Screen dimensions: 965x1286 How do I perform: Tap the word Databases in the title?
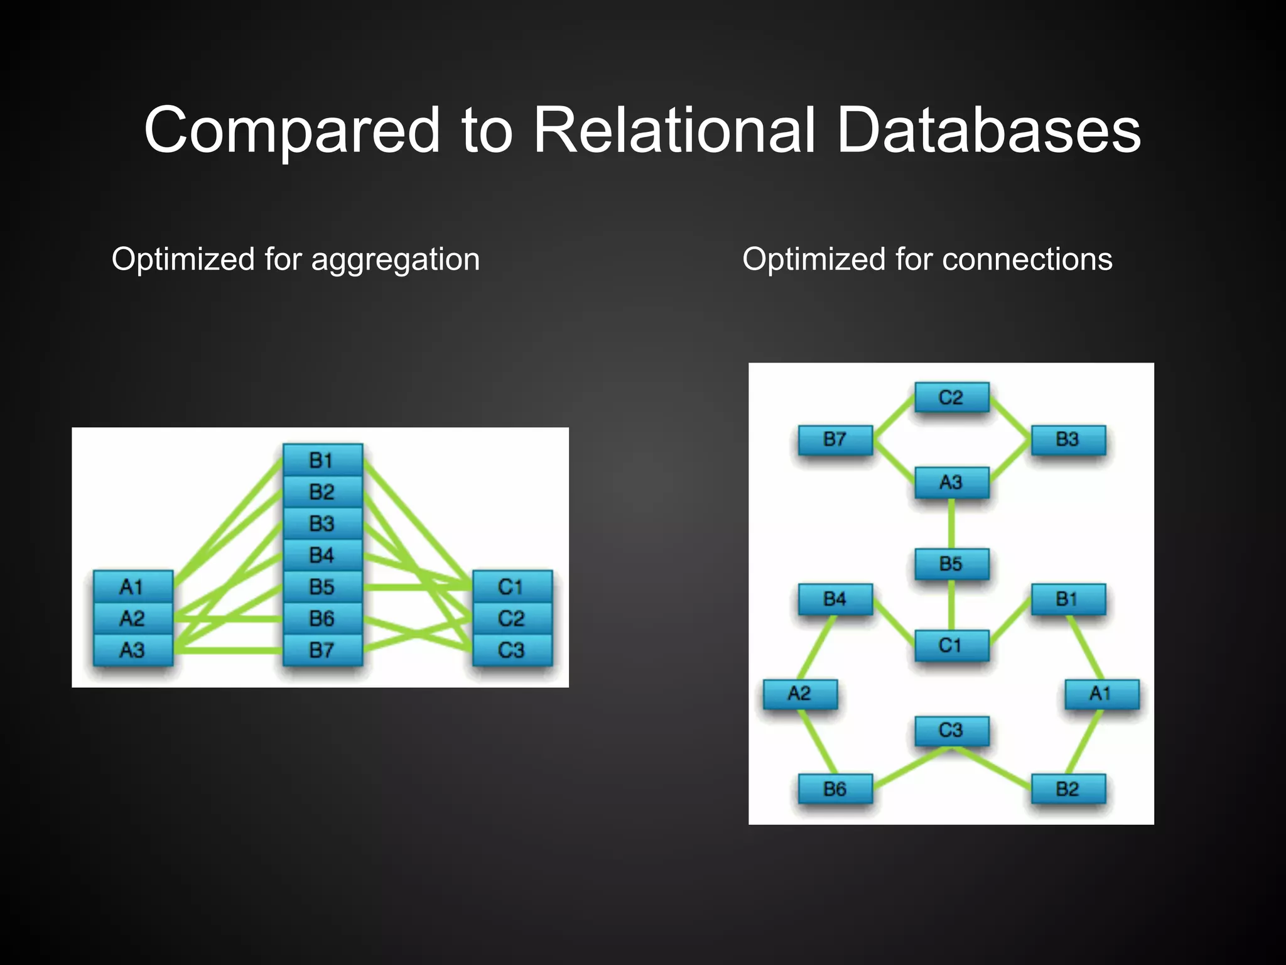[x=988, y=130]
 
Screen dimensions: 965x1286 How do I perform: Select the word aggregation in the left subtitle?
[x=395, y=259]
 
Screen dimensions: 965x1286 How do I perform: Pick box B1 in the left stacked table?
[x=322, y=461]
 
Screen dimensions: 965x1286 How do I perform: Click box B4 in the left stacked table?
[x=322, y=555]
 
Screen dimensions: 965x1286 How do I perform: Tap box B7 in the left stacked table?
[x=322, y=650]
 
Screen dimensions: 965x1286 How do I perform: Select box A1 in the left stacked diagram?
[x=132, y=587]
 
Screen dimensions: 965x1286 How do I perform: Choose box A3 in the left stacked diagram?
[x=132, y=650]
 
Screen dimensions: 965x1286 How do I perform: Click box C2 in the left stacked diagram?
[x=512, y=619]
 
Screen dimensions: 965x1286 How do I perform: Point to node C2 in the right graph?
[x=951, y=398]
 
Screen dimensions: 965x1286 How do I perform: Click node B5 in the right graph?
[x=951, y=564]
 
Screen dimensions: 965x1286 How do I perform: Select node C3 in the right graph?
[x=951, y=731]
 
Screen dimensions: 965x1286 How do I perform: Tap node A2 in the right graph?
[x=800, y=694]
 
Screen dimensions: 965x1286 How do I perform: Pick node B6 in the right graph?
[x=835, y=789]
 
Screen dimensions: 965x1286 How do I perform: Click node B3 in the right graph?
[x=1067, y=440]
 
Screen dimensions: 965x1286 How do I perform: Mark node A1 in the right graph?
[x=1101, y=694]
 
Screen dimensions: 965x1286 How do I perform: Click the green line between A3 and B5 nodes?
[x=951, y=523]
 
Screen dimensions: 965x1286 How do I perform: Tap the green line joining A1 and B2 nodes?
[x=1084, y=741]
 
